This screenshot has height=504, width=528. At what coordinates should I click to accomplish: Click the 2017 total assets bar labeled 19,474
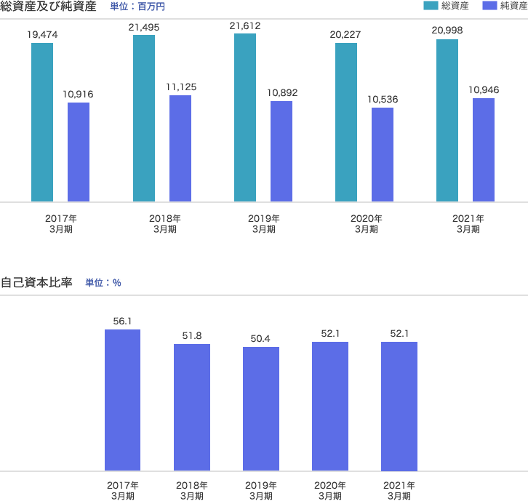click(x=42, y=122)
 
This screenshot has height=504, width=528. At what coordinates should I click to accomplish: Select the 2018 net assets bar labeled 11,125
click(x=180, y=148)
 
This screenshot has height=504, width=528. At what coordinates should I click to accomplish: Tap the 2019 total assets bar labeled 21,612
click(x=245, y=117)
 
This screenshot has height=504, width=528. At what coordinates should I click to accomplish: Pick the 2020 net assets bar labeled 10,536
click(x=383, y=154)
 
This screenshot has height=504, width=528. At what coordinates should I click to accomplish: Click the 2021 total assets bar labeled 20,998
click(x=447, y=120)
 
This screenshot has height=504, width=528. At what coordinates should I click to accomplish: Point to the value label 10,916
click(x=79, y=94)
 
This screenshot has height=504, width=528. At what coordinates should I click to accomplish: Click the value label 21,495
click(x=144, y=27)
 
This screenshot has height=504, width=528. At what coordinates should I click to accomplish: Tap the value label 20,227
click(x=346, y=34)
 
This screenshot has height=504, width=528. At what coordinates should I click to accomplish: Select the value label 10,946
click(x=484, y=89)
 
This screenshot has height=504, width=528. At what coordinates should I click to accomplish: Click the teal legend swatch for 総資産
click(x=430, y=6)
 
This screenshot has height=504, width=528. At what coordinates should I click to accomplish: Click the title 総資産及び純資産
click(x=48, y=7)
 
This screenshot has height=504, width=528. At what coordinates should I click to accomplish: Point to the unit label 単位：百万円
click(x=137, y=7)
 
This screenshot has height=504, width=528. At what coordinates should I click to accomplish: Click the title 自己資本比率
click(x=36, y=282)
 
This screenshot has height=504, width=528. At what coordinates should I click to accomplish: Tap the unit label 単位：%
click(x=103, y=283)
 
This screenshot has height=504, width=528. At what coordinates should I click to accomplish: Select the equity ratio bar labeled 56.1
click(x=122, y=400)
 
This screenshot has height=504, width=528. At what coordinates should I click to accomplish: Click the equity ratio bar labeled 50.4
click(x=260, y=409)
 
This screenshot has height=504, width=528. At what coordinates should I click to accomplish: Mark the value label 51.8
click(x=192, y=335)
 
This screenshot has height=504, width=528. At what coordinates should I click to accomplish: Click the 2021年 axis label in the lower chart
click(x=399, y=485)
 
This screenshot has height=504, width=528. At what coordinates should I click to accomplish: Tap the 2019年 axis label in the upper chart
click(x=264, y=218)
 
